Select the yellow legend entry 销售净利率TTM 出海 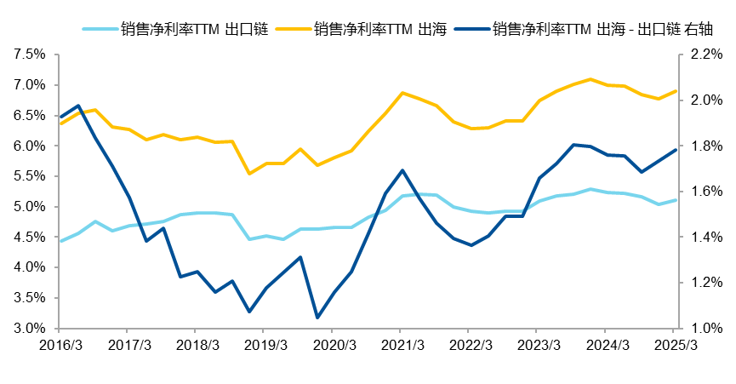click(374, 29)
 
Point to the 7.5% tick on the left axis click(29, 54)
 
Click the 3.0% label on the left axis click(29, 329)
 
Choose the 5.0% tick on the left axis click(29, 207)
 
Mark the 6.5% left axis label click(29, 115)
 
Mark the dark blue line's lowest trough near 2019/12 click(317, 318)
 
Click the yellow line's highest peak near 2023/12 click(591, 79)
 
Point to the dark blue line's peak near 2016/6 click(78, 106)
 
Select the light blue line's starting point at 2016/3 click(60, 241)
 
